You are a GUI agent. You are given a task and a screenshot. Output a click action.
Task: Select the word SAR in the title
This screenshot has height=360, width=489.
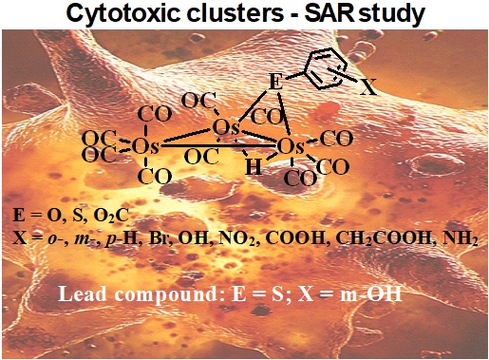click(x=329, y=13)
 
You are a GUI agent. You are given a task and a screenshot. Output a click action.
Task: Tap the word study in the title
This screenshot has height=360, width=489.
click(x=392, y=14)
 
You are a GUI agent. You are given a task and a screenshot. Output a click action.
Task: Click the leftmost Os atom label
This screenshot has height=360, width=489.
click(x=145, y=146)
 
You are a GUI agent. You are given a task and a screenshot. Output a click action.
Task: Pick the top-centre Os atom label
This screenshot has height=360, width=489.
click(x=226, y=128)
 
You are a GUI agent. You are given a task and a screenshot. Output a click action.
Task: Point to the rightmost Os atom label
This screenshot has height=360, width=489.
click(x=291, y=146)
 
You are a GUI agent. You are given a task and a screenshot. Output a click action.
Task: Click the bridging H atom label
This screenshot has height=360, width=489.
click(x=254, y=166)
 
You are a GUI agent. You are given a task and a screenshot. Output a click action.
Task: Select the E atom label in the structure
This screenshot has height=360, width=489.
click(x=275, y=82)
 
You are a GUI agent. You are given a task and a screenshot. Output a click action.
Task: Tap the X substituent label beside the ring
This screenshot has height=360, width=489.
click(x=368, y=87)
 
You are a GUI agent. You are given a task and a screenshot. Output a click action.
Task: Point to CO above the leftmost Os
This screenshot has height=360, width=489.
click(x=155, y=114)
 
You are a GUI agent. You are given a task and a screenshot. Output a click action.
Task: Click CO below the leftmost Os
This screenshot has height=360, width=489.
click(x=155, y=177)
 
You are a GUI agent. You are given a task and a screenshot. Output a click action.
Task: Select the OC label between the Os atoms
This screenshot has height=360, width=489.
click(x=201, y=157)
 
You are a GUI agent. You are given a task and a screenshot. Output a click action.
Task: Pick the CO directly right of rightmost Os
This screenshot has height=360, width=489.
click(x=336, y=139)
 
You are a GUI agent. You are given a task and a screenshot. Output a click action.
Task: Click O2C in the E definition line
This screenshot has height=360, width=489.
click(x=111, y=216)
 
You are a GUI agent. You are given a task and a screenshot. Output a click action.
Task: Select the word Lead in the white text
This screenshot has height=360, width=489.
click(x=83, y=294)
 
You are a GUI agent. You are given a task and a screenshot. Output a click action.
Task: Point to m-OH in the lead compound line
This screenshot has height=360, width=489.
click(x=370, y=294)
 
